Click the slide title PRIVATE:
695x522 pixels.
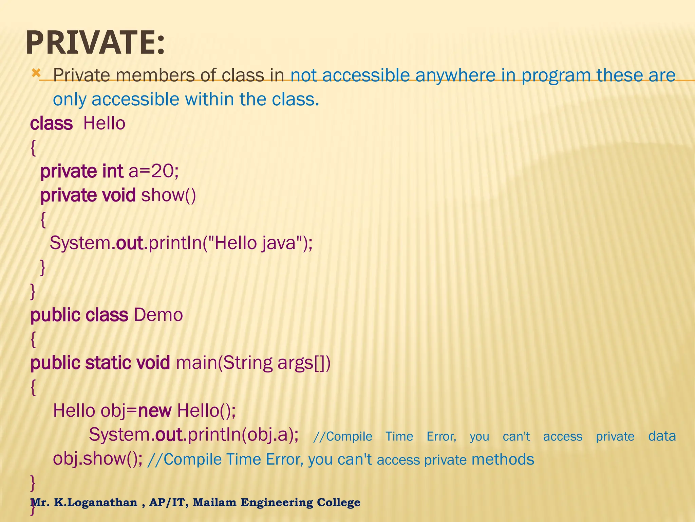[95, 43]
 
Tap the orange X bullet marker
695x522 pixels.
[36, 73]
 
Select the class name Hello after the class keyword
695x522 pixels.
[104, 123]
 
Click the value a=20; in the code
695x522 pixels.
[153, 171]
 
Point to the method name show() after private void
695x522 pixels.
[168, 195]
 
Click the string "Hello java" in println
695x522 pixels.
[255, 243]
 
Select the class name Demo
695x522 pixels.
[158, 315]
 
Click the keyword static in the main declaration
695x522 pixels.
[108, 363]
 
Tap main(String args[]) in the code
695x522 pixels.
[253, 363]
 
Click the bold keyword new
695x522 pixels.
[155, 411]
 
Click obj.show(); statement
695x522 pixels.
[98, 459]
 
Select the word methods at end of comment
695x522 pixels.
[503, 459]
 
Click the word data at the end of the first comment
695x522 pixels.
[662, 436]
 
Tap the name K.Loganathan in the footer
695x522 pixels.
[96, 502]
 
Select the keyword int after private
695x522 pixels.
[112, 171]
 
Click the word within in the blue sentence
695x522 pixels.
[209, 100]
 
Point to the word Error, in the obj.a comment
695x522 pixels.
[441, 436]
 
